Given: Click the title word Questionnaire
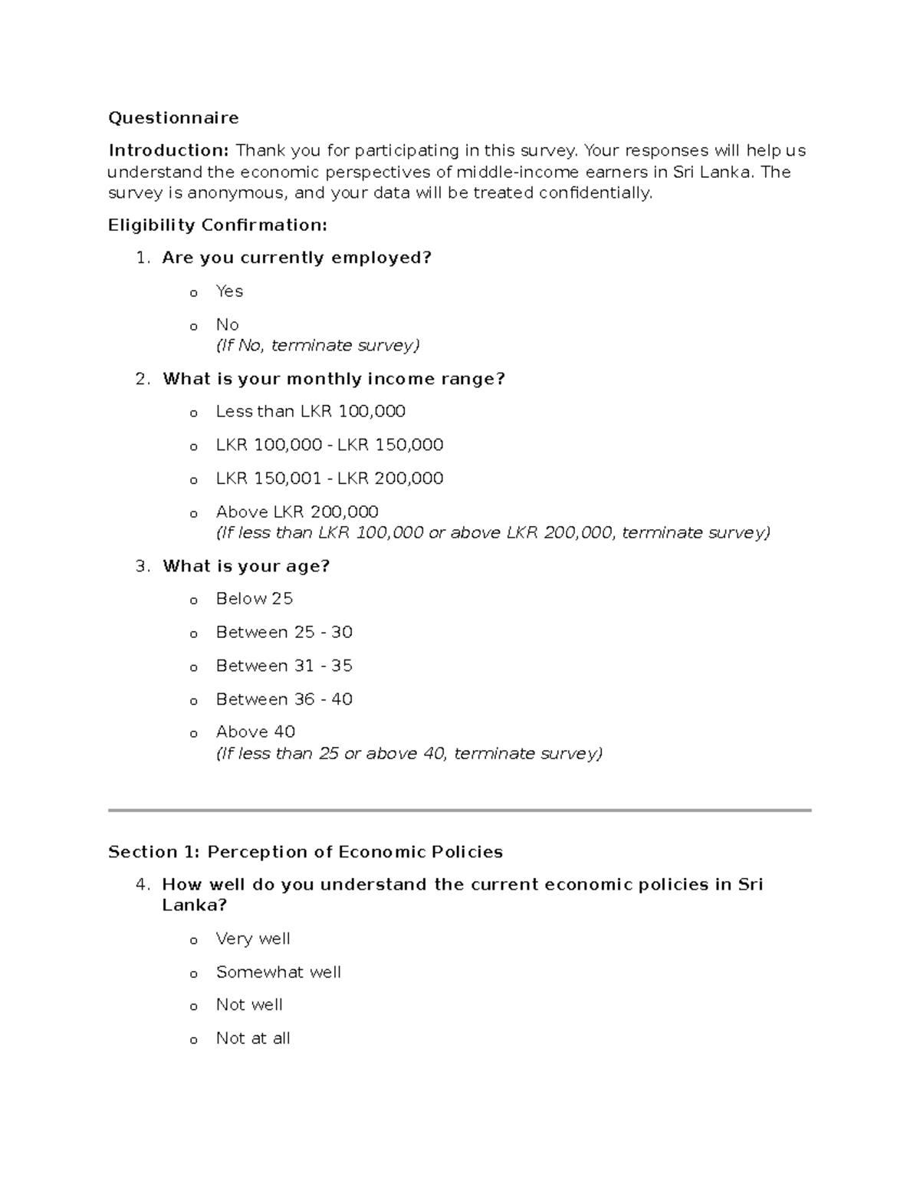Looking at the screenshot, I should [173, 117].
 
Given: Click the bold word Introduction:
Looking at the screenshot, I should [168, 150].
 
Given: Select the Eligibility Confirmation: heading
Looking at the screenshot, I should [218, 225].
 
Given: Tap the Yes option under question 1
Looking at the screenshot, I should [229, 291].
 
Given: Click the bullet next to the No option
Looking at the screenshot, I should [194, 327].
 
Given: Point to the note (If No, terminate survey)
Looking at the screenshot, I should [317, 346].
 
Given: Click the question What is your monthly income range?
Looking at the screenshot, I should [333, 379].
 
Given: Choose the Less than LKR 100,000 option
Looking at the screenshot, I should [310, 412].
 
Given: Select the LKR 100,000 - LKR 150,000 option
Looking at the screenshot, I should [330, 445].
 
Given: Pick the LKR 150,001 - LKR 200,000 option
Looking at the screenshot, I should [330, 479].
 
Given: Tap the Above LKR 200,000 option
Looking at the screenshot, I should [297, 512].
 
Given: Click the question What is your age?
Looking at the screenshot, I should [245, 566].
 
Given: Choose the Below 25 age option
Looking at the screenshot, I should [255, 599].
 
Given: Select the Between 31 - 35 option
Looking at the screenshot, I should [284, 666].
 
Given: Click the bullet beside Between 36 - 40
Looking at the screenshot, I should [194, 701].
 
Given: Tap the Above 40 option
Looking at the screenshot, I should [255, 732].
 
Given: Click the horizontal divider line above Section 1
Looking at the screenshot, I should [459, 810].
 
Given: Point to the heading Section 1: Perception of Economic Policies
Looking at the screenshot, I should [305, 852].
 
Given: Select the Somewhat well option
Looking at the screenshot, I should [278, 972].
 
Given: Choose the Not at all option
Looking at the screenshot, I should [253, 1038].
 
